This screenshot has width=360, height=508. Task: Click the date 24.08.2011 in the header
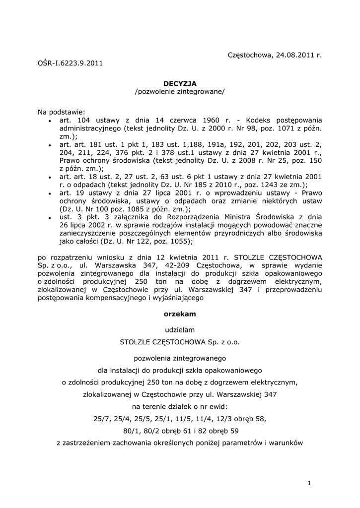click(294, 55)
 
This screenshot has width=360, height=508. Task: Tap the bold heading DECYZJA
click(180, 84)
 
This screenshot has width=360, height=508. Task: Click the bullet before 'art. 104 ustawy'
click(50, 121)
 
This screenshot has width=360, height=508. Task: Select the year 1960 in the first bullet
click(207, 120)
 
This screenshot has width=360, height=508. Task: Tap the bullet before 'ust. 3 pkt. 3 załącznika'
click(50, 217)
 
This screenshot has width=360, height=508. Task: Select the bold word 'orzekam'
click(180, 314)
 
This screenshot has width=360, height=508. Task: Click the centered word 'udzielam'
click(180, 329)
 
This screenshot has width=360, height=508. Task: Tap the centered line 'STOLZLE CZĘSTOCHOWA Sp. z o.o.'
click(180, 342)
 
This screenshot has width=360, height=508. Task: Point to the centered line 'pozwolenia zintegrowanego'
click(180, 357)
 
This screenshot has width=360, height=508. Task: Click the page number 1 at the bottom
click(308, 483)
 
